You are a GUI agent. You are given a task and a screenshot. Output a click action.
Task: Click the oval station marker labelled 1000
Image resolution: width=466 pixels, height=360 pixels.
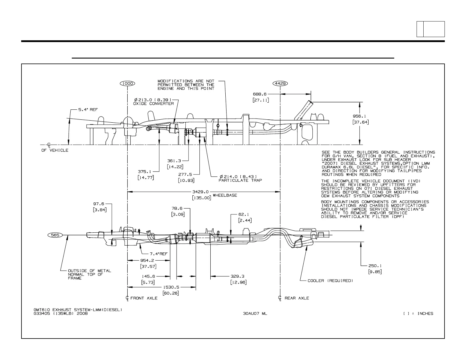[x=127, y=83]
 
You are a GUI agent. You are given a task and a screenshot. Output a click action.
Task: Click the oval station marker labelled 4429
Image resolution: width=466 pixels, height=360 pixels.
[x=280, y=83]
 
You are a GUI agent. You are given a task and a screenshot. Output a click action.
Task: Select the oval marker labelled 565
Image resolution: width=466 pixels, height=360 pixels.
[x=55, y=235]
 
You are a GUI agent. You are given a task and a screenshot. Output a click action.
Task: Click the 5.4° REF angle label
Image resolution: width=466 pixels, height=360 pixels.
[x=88, y=110]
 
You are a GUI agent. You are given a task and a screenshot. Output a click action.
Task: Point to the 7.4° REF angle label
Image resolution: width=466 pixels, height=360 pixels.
[x=159, y=254]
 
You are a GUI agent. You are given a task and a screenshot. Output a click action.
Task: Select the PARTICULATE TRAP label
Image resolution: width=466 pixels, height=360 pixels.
[x=240, y=180]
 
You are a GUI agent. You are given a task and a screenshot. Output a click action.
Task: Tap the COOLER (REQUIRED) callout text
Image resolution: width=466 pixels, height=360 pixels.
[x=330, y=281]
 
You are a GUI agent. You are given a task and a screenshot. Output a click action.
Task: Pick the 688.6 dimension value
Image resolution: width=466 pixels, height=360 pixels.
[x=260, y=94]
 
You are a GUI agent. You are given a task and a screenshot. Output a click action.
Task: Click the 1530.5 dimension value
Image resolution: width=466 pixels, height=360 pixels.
[x=171, y=287]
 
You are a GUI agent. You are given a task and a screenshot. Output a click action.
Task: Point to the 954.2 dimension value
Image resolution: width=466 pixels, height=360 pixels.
[x=148, y=260]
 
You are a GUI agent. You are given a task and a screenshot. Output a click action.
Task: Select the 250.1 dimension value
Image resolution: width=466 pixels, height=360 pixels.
[x=375, y=266]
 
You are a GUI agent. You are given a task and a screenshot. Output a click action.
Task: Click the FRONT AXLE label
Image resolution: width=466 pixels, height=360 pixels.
[x=144, y=298]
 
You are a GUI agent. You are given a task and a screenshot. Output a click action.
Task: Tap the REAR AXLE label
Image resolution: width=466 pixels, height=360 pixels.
[x=297, y=298]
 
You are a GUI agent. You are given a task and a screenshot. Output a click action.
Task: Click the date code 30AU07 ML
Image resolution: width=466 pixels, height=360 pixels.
[x=255, y=314]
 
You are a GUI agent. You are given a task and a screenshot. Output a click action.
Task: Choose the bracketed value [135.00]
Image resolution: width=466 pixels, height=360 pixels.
[x=202, y=198]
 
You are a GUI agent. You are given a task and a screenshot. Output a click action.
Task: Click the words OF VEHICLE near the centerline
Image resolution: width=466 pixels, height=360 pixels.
[x=55, y=150]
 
